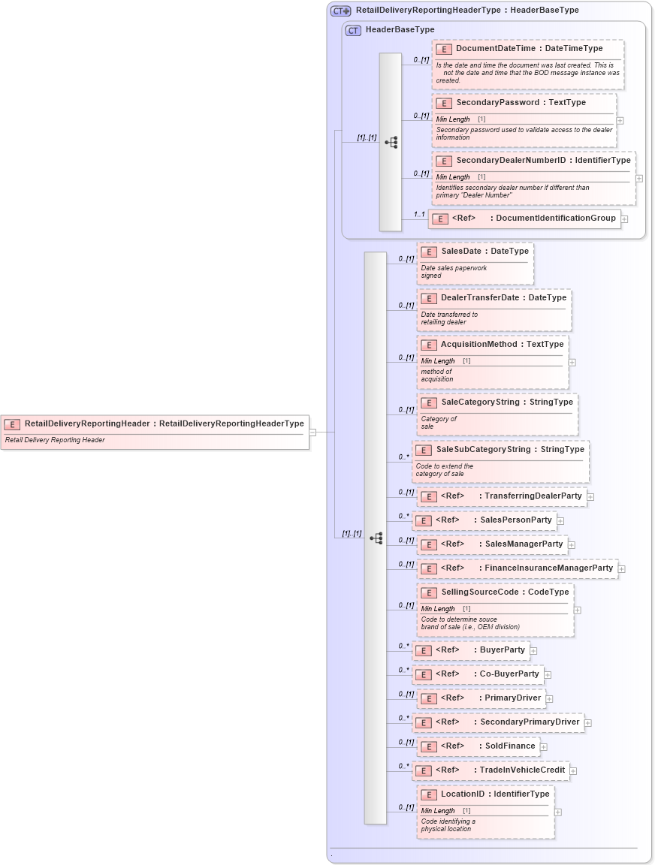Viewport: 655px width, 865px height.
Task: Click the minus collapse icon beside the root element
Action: (x=312, y=432)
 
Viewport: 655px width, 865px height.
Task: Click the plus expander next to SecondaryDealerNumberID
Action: (x=639, y=179)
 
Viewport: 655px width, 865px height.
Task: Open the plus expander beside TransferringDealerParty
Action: (x=590, y=497)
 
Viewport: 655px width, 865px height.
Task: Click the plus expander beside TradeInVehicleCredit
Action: (x=573, y=770)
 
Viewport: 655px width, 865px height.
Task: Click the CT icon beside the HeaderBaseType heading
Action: (x=353, y=30)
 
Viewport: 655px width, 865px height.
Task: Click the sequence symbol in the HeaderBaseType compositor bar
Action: (x=391, y=142)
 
